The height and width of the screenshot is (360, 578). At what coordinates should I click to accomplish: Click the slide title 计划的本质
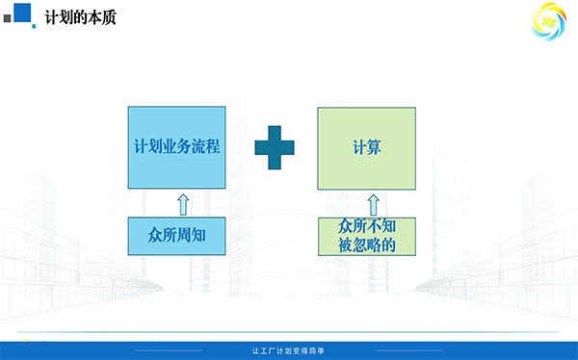[x=80, y=17]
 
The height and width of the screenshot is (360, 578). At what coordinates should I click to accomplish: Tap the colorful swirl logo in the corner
[x=549, y=21]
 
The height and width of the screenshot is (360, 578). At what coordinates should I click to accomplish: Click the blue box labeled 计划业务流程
[x=176, y=147]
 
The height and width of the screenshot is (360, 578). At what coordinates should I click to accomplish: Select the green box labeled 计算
[x=367, y=148]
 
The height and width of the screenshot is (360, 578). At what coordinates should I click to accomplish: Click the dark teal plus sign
[x=275, y=147]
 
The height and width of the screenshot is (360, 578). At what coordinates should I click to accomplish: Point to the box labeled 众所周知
[x=176, y=236]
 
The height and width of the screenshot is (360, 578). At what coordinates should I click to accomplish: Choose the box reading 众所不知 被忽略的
[x=367, y=236]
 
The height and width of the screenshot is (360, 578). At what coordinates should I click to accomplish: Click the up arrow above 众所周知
[x=183, y=204]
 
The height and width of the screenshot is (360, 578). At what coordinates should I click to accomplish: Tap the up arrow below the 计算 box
[x=374, y=205]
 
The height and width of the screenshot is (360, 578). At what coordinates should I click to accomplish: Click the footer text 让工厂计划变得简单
[x=288, y=350]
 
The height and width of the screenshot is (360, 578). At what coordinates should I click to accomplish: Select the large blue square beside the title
[x=22, y=13]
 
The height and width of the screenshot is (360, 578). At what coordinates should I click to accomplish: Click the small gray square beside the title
[x=8, y=18]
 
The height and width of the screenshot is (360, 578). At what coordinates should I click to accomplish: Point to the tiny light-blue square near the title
[x=34, y=26]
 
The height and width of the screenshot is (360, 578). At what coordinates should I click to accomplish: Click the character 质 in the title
[x=109, y=17]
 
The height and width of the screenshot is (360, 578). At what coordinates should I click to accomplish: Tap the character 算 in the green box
[x=374, y=147]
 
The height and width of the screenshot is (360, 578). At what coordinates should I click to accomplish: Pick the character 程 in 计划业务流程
[x=213, y=146]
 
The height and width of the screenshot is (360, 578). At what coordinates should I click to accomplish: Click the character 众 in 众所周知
[x=155, y=236]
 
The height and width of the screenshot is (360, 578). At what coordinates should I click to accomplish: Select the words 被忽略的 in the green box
[x=367, y=245]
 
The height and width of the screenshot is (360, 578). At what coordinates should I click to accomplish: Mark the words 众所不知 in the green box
[x=367, y=226]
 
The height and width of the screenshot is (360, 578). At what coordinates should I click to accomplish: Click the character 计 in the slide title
[x=52, y=17]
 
